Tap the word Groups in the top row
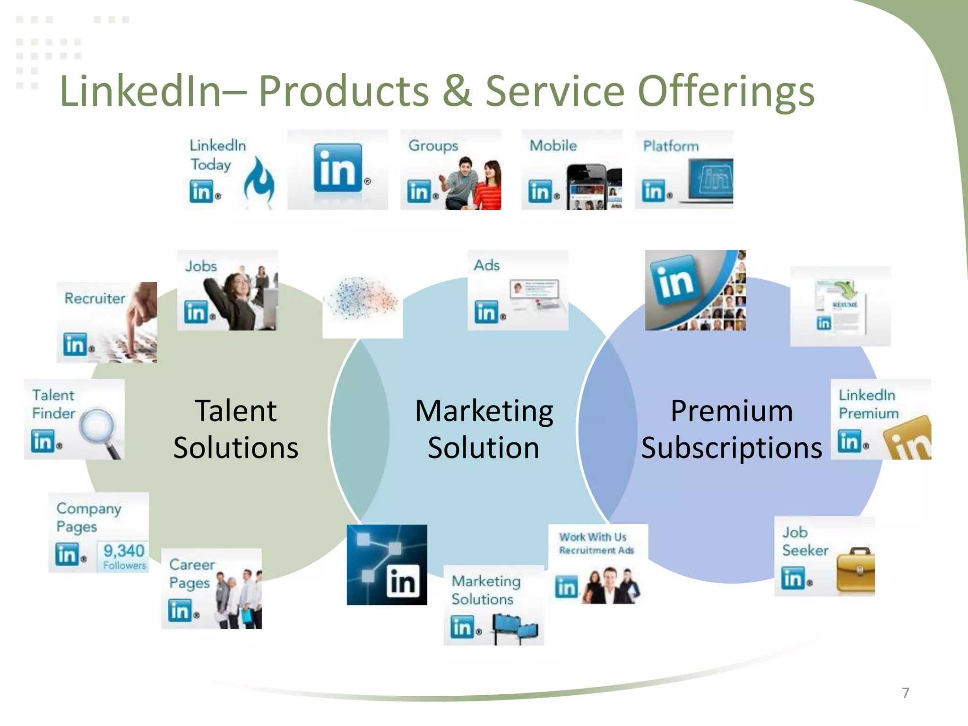coord(433,146)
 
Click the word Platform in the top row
coord(671,147)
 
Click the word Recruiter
coord(95,299)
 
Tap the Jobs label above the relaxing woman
coord(201,267)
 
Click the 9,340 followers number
coord(124,551)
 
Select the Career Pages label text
coord(191,574)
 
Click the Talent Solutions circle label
coord(235,429)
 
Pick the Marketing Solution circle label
coord(484,429)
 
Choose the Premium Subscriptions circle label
coord(731,429)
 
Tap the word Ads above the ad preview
coord(486,265)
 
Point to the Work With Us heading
coord(593,537)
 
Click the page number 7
coord(905,693)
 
